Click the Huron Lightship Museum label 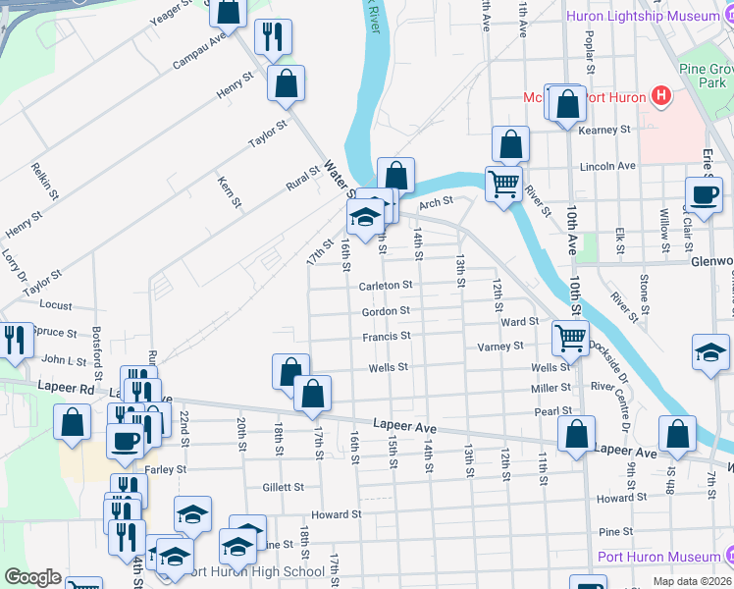click(649, 16)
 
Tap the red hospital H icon click(661, 96)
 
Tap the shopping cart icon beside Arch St click(503, 183)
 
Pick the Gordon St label click(385, 311)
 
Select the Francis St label click(386, 337)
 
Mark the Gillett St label click(284, 487)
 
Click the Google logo click(32, 577)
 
